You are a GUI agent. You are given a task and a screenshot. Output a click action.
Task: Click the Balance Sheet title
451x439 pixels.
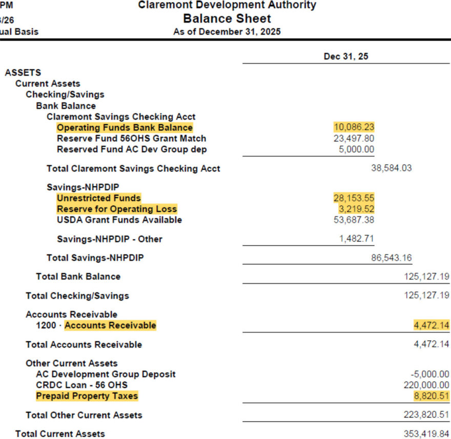pos(227,19)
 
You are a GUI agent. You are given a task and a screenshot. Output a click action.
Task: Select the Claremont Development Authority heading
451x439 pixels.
pos(227,6)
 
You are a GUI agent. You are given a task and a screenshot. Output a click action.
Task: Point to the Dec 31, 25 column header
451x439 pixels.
pos(345,56)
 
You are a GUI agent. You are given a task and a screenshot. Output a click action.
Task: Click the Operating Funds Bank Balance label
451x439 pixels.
pos(125,128)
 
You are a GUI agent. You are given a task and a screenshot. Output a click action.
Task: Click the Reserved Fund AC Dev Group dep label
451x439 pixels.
pos(132,149)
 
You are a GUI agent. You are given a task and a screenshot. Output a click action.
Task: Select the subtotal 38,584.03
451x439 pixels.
pos(391,168)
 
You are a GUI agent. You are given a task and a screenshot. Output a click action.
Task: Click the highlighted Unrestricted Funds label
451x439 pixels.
pos(98,198)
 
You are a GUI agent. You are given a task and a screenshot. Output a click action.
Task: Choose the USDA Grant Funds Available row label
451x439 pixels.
pos(119,220)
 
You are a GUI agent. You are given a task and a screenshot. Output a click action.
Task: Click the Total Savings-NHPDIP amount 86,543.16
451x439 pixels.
pos(392,258)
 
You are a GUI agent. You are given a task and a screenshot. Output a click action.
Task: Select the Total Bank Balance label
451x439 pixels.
pos(78,276)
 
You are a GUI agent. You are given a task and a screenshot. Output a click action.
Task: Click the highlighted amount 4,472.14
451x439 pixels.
pos(432,325)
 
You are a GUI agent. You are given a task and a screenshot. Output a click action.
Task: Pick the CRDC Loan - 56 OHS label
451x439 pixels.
pos(81,385)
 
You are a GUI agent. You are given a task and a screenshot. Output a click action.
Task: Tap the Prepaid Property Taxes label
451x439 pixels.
pos(87,396)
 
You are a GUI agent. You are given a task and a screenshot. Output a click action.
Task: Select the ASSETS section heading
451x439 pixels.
pos(23,73)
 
